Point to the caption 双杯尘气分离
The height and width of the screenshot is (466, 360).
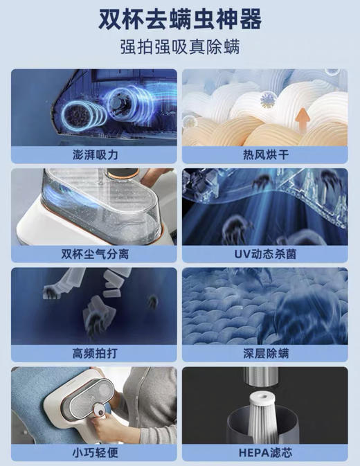(94, 252)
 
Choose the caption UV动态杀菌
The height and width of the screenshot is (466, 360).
(265, 252)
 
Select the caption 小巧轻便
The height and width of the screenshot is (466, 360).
(94, 452)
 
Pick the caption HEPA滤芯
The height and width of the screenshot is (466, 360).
(265, 452)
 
